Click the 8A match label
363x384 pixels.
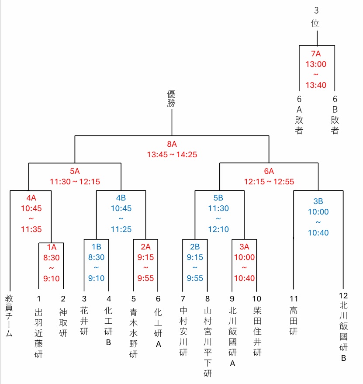coord(171,144)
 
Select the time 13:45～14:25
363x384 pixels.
coord(172,154)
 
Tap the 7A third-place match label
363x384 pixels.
coord(316,54)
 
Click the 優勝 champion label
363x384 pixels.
coord(171,98)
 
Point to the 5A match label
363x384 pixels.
coord(75,171)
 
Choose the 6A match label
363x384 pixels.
coord(269,171)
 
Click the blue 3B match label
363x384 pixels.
coord(318,201)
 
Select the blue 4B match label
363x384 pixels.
coord(121,198)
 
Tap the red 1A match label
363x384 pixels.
coord(52,247)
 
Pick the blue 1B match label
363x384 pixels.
coord(96,247)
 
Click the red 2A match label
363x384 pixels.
coord(145,247)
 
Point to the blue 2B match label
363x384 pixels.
coord(195,247)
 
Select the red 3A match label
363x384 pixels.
coord(244,247)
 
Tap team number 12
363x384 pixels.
coord(343,296)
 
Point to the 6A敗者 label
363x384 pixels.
coord(299,115)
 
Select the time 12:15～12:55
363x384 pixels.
coord(269,181)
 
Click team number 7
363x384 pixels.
coord(183,299)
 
